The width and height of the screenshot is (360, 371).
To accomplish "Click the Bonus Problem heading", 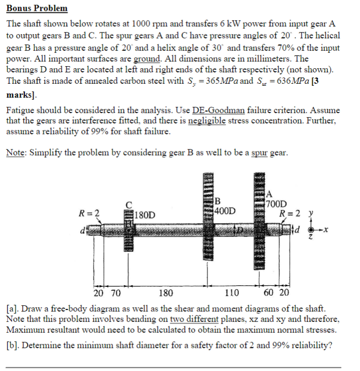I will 37,9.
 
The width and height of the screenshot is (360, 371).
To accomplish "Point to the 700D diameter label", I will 279,203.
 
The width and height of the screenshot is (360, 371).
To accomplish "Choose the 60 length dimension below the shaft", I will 269,293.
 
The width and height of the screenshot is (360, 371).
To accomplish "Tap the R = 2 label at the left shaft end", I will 89,212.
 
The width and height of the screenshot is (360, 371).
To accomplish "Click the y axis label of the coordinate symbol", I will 310,213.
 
